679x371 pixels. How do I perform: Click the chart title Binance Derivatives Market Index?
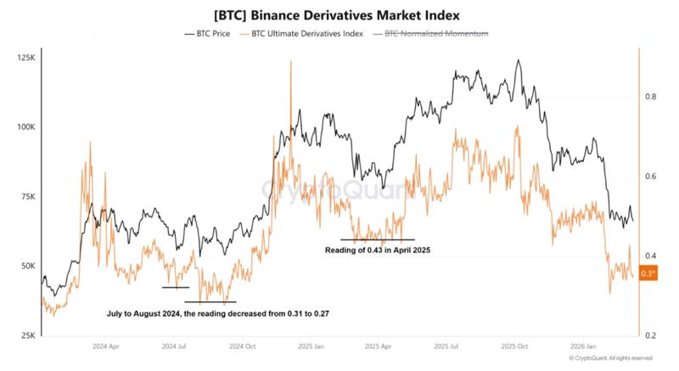pyautogui.click(x=339, y=14)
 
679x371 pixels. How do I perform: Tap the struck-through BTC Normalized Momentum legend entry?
pyautogui.click(x=433, y=34)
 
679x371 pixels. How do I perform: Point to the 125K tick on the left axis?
pyautogui.click(x=25, y=58)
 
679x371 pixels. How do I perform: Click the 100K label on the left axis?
pyautogui.click(x=25, y=127)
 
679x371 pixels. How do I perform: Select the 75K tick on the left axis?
pyautogui.click(x=26, y=196)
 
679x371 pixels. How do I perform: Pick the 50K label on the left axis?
pyautogui.click(x=26, y=266)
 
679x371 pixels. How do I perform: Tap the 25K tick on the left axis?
pyautogui.click(x=26, y=335)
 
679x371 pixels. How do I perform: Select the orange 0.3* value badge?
pyautogui.click(x=648, y=273)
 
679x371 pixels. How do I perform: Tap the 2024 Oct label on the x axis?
pyautogui.click(x=244, y=347)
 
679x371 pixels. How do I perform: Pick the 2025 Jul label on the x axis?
pyautogui.click(x=446, y=347)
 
